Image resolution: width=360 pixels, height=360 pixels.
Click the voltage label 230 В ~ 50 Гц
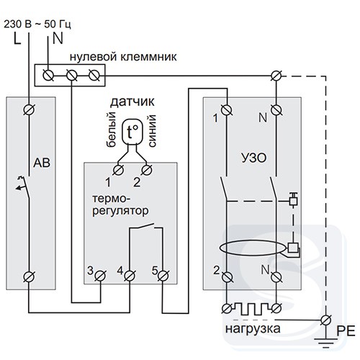click(37, 24)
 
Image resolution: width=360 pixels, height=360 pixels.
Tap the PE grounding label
click(346, 331)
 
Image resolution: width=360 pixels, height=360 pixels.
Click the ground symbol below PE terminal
click(326, 343)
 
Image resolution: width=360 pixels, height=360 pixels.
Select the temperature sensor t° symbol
click(132, 132)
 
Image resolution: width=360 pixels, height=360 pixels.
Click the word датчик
click(132, 102)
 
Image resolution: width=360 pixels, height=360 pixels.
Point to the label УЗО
click(253, 158)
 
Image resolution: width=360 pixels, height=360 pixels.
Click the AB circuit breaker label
click(42, 163)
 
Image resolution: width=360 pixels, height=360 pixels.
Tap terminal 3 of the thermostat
click(100, 276)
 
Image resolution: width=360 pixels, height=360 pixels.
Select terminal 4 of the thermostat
click(130, 276)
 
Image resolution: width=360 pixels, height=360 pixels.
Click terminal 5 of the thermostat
click(163, 276)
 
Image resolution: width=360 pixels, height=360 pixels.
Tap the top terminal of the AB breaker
click(30, 109)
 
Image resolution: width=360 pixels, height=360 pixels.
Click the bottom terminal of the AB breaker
click(30, 276)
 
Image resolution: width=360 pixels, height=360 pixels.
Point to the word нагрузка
click(253, 329)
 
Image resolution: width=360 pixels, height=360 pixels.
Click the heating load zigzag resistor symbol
click(251, 308)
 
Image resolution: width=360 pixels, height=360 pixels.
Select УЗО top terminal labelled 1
click(226, 110)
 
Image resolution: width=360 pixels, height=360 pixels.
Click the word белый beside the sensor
click(111, 130)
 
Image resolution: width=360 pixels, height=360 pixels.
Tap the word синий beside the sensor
click(152, 131)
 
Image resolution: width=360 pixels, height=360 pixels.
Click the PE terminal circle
click(326, 320)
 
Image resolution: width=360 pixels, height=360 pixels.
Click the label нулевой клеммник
click(123, 57)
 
